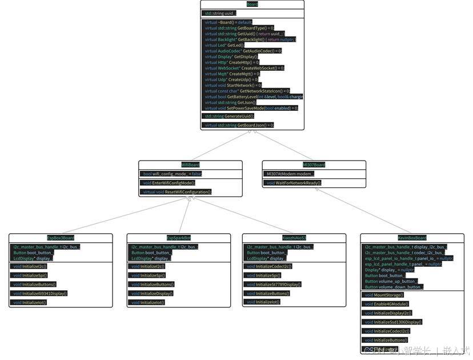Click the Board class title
252,4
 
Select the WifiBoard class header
190,165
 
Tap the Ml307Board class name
314,165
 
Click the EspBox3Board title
61,238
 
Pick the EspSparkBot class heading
179,238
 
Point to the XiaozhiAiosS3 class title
294,238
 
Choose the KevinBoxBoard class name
412,238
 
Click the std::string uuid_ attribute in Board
220,13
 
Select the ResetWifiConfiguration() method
177,192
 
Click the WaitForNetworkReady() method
294,183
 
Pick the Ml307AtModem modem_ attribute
290,174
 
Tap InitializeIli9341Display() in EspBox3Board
41,293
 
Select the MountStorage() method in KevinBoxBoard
384,295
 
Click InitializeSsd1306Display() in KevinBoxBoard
394,322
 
